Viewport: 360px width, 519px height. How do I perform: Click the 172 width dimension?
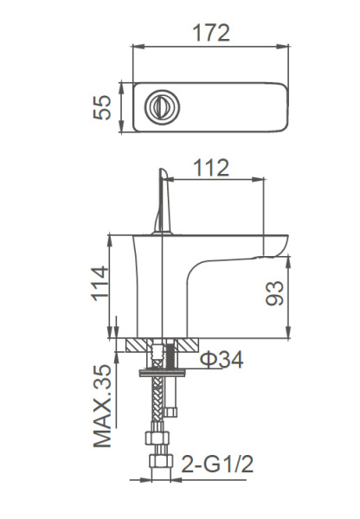pos(211,33)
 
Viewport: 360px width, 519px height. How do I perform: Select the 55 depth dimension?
pos(104,107)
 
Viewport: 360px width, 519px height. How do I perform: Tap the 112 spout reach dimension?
pos(212,167)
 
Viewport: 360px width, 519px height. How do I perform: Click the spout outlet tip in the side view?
pos(273,253)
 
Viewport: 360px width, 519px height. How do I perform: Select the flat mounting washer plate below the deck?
pos(162,375)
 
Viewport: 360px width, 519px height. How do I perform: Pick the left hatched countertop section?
pos(137,345)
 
